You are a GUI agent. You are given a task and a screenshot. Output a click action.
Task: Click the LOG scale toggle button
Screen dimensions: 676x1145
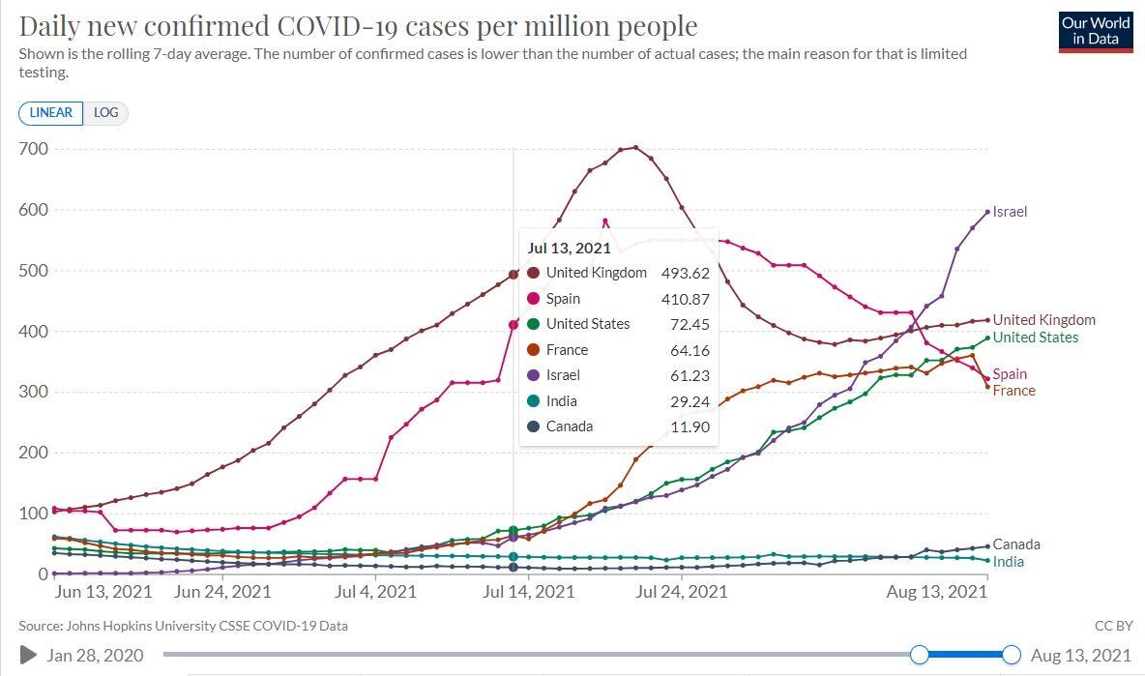tap(105, 113)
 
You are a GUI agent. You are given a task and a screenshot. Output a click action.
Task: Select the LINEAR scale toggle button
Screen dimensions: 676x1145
tap(51, 113)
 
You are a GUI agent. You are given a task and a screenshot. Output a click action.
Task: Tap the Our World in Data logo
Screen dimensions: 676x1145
tap(1096, 31)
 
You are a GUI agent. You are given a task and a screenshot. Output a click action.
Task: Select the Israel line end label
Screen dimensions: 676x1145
tap(1010, 212)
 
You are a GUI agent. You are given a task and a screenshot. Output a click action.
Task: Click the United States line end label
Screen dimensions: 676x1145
tap(1035, 338)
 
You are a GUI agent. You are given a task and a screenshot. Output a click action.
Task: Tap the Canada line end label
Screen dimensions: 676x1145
tap(1016, 544)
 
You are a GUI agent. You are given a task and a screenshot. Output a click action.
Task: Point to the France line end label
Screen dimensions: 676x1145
tap(1013, 391)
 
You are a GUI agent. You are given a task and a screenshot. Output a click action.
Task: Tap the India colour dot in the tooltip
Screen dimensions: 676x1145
tap(533, 401)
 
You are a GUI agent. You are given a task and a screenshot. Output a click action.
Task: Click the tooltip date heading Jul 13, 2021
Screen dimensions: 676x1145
tap(570, 248)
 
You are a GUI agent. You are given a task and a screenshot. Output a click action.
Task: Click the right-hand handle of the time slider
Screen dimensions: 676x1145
tap(1012, 655)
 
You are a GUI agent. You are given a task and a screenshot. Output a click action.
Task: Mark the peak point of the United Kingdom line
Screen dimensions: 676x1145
tap(635, 148)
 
